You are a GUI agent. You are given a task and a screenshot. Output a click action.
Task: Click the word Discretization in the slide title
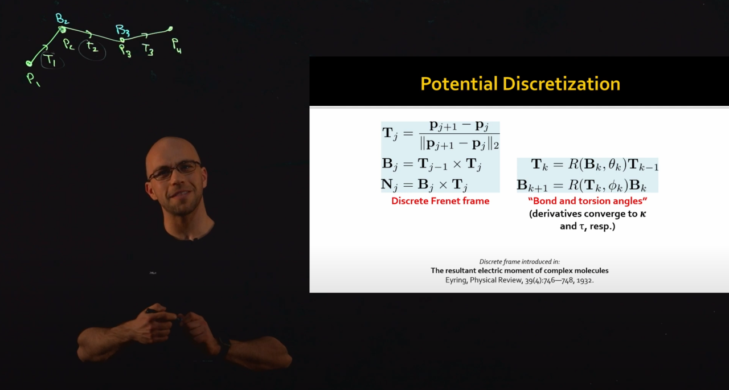(562, 84)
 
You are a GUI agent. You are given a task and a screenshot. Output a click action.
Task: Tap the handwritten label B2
(62, 18)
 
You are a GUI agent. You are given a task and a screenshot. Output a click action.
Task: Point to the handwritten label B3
(122, 30)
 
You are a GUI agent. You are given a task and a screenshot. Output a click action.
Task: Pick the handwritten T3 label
(148, 50)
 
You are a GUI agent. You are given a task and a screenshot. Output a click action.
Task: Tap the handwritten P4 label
(177, 46)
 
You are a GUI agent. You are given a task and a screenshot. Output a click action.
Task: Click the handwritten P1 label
(33, 79)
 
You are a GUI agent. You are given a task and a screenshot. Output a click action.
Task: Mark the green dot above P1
(29, 63)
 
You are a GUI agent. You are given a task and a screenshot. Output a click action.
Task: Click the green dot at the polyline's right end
(170, 29)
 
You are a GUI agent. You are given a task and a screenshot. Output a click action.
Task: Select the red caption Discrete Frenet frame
(440, 201)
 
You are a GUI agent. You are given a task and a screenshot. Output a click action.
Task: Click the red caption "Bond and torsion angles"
(587, 201)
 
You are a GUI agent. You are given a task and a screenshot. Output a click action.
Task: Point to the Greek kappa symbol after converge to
(643, 214)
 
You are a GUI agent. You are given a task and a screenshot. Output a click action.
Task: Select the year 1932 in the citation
(585, 280)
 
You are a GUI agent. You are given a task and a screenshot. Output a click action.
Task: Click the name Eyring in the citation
(456, 280)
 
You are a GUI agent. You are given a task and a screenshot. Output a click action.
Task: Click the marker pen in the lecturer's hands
(155, 311)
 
